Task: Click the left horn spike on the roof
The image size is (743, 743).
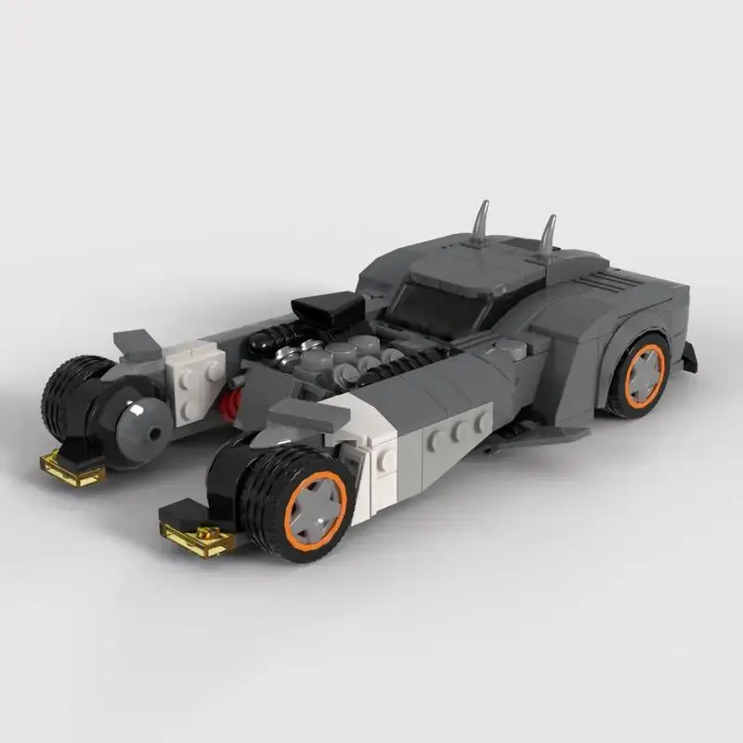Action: coord(481,223)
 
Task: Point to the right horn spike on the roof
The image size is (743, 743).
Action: coord(548,235)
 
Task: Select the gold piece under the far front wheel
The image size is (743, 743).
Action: coord(72,469)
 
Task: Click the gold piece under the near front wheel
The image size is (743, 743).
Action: coord(197,538)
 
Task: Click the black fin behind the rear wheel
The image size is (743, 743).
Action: coord(689,357)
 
